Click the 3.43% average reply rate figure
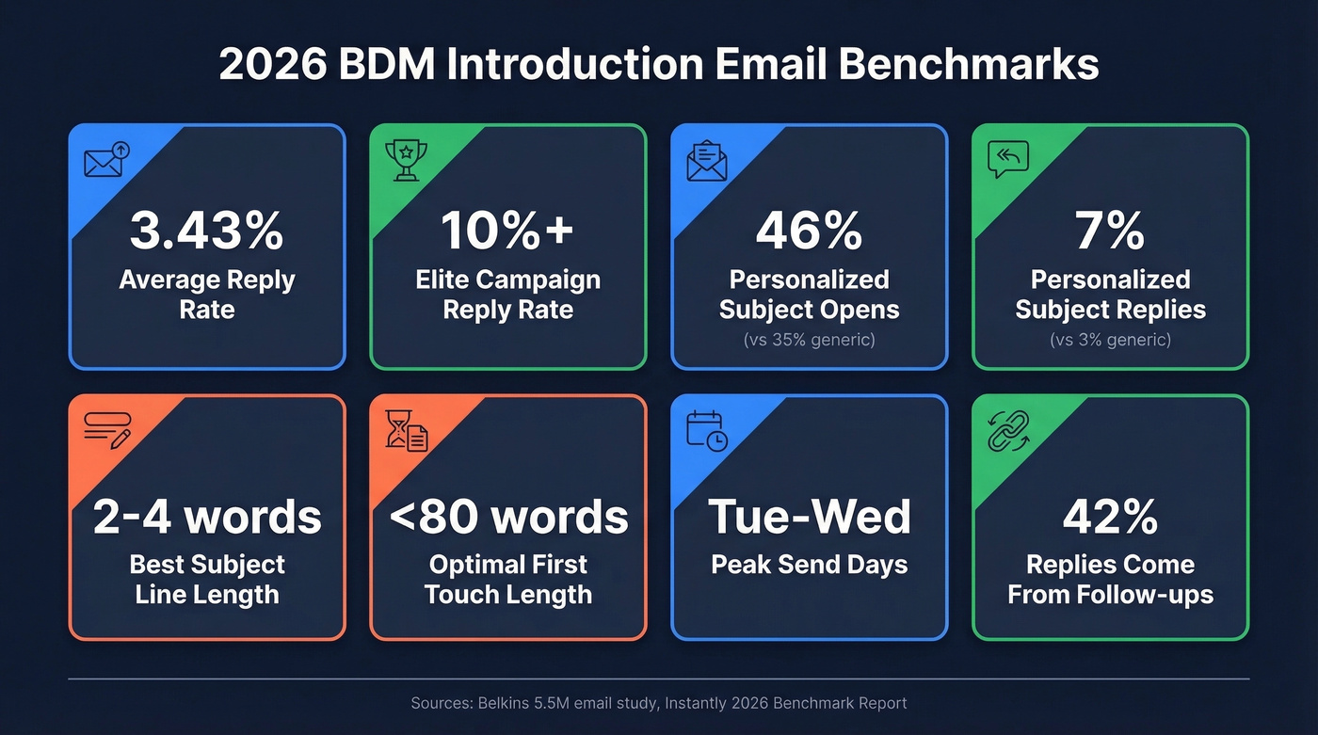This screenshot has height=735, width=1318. pyautogui.click(x=206, y=231)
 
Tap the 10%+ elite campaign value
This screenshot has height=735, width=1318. pyautogui.click(x=507, y=231)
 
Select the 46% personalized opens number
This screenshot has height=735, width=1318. pyautogui.click(x=809, y=231)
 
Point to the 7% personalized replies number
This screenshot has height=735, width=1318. pyautogui.click(x=1110, y=231)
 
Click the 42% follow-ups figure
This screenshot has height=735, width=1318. pyautogui.click(x=1110, y=517)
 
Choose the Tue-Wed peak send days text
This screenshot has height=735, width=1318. pyautogui.click(x=809, y=517)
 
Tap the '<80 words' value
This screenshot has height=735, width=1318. pyautogui.click(x=508, y=517)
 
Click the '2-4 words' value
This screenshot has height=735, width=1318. pyautogui.click(x=207, y=517)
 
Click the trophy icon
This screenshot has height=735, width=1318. pyautogui.click(x=406, y=159)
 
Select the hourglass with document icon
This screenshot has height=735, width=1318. pyautogui.click(x=406, y=430)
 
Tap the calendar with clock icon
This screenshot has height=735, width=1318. pyautogui.click(x=706, y=430)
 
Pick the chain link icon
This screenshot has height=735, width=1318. pyautogui.click(x=1008, y=430)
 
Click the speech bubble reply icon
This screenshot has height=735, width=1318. pyautogui.click(x=1008, y=159)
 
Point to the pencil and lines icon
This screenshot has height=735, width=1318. pyautogui.click(x=106, y=430)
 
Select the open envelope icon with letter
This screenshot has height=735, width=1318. pyautogui.click(x=706, y=160)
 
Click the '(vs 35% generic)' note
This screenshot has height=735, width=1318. pyautogui.click(x=809, y=340)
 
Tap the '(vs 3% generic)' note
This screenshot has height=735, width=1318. pyautogui.click(x=1110, y=340)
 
